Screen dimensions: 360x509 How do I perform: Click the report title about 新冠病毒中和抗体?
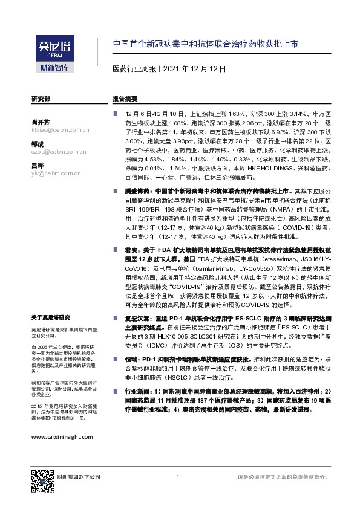[205, 45]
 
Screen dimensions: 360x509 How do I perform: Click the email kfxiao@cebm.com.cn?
[60, 129]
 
